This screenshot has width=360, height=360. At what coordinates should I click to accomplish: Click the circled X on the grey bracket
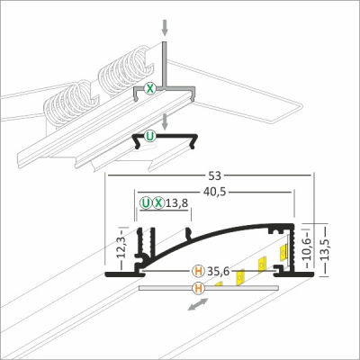(x=150, y=89)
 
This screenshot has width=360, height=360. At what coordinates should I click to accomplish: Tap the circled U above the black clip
(x=149, y=136)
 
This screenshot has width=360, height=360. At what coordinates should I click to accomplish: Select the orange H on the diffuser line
(x=198, y=288)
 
